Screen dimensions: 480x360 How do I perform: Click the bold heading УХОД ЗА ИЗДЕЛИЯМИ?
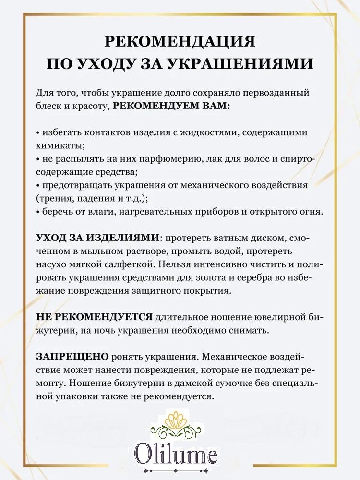click(x=98, y=238)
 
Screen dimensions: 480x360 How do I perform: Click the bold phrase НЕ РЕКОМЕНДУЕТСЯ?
click(x=95, y=317)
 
